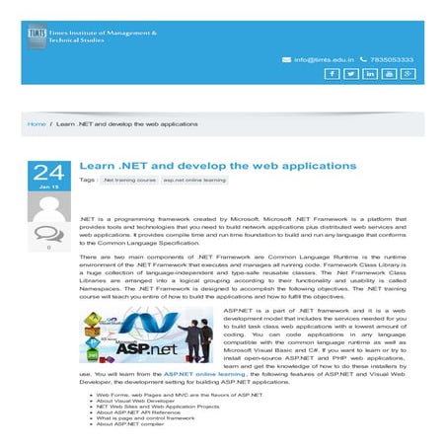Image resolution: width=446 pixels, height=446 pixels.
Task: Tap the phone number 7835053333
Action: pos(393,59)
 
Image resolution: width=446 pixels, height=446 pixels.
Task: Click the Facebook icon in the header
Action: pos(333,74)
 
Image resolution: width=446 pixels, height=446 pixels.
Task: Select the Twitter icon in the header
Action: pos(351,74)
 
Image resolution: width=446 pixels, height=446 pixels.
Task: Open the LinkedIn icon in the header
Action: pos(370,74)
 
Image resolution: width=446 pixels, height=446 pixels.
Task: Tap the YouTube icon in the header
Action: pos(389,74)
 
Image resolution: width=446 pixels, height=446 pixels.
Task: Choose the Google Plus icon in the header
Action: pos(408,74)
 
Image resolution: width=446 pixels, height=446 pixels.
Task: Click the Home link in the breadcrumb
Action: pos(37,124)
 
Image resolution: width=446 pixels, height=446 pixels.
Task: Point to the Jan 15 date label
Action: pos(48,186)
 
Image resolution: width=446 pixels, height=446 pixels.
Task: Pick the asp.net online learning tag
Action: pos(194,181)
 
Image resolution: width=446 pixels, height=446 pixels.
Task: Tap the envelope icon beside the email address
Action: pos(286,59)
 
